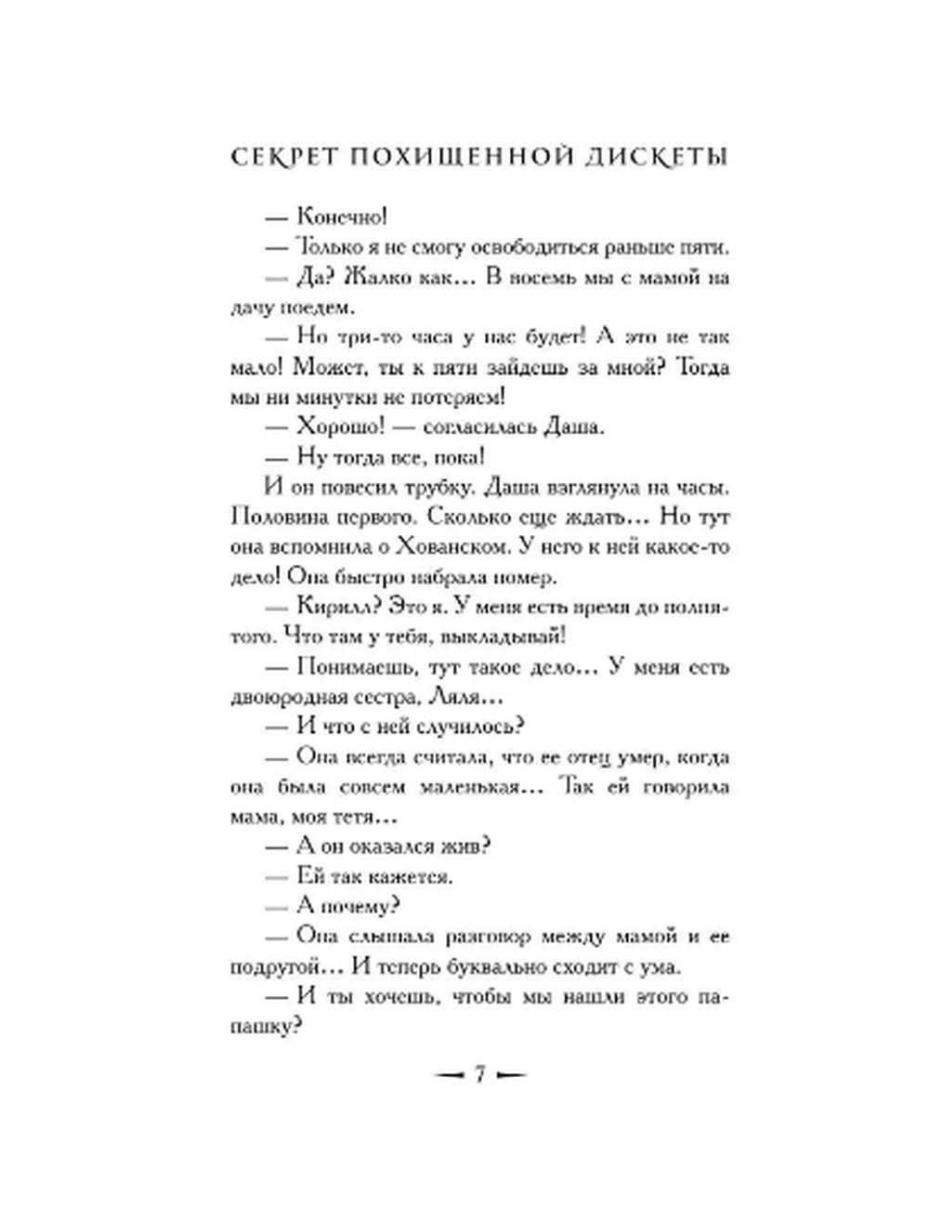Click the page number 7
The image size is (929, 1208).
[x=480, y=1074]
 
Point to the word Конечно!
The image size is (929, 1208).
[x=341, y=217]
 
